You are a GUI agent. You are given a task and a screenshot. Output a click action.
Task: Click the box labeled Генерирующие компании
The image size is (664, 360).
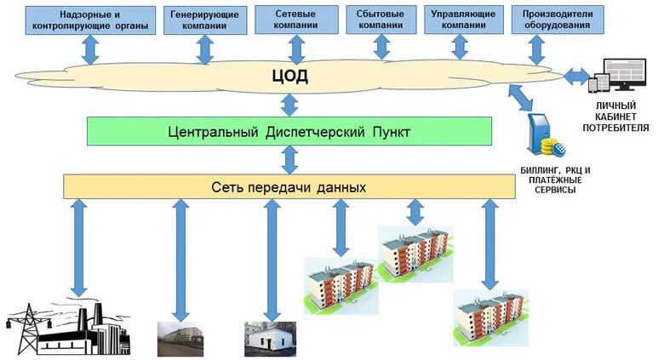pos(204,20)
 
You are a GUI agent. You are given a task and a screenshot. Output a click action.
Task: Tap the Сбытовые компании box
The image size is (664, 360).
pos(381,20)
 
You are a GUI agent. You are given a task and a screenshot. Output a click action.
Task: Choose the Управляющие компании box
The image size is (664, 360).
pos(464,20)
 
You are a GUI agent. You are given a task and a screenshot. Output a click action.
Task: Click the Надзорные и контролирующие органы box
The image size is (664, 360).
pos(91,20)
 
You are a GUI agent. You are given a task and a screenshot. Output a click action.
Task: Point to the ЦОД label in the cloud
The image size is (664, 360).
pos(290,77)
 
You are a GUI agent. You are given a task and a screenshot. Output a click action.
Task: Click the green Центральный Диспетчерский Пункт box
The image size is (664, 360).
pos(289,132)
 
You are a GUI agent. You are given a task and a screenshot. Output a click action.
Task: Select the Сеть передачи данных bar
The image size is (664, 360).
pos(289,186)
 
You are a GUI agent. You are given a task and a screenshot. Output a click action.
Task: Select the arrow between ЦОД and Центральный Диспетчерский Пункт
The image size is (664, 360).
pos(289,105)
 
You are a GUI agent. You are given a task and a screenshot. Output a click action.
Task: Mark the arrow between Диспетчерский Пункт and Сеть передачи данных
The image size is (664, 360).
pos(289,159)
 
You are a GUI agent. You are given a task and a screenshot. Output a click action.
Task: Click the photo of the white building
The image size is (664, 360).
pos(269,339)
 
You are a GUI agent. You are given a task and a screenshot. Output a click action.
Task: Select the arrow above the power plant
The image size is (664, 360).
pos(79,247)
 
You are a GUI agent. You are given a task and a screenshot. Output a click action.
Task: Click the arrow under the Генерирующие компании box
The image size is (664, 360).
pos(204,49)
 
